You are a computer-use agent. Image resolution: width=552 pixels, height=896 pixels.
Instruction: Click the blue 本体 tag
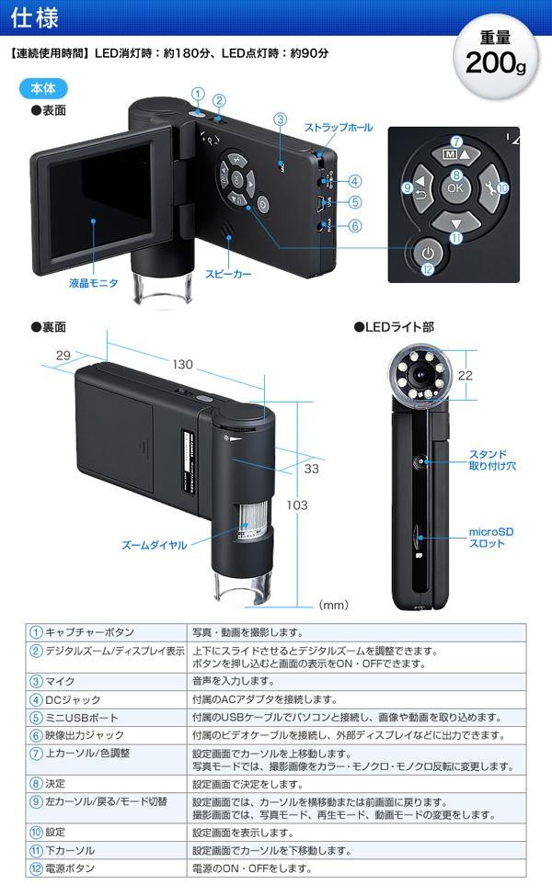coord(41,90)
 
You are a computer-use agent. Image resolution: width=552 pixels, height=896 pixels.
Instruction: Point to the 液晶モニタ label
coord(93,283)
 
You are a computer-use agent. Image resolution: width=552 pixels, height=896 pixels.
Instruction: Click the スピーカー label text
coord(228,274)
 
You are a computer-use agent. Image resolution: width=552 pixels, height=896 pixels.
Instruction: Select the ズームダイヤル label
coord(155,545)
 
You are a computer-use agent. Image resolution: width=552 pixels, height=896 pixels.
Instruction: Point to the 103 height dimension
coord(317,505)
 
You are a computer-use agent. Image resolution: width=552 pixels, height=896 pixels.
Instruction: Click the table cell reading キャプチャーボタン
coord(89,632)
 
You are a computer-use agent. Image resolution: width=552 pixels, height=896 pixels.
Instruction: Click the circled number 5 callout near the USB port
coord(354,202)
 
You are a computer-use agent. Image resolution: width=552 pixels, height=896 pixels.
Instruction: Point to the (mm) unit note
coord(333,606)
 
